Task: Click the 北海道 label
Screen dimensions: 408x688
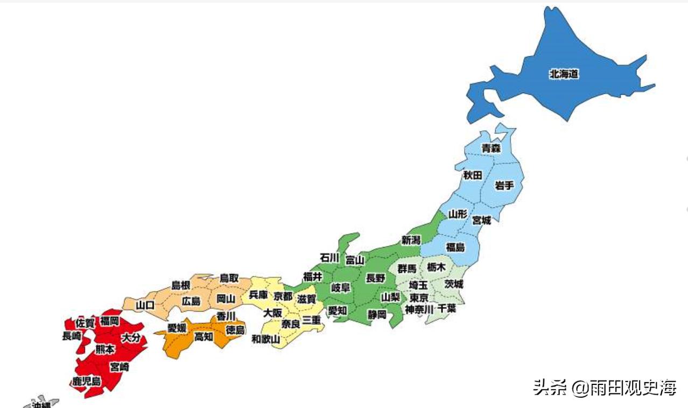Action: tap(564, 74)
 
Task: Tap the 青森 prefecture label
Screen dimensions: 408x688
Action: tap(491, 147)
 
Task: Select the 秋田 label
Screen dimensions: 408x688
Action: tap(472, 175)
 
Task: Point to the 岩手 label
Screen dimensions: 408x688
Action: tap(504, 186)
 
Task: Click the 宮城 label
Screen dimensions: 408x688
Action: tap(481, 220)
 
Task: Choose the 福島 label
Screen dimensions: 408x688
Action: tap(455, 247)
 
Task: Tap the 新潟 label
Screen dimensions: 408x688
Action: tap(411, 241)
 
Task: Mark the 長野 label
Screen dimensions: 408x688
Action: tap(375, 278)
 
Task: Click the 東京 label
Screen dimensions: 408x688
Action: tap(419, 298)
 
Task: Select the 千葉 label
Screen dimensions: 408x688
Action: tap(447, 308)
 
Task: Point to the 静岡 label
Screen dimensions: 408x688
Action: tap(377, 314)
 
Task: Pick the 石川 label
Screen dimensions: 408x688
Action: tap(329, 258)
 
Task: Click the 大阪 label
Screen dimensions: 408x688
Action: tap(272, 312)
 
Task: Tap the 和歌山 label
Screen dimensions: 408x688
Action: tap(266, 339)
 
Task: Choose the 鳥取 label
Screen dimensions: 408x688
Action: tap(229, 278)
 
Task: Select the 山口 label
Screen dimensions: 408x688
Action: tap(145, 305)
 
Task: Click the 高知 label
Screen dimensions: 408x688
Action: tap(203, 336)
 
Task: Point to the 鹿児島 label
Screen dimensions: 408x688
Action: tap(86, 382)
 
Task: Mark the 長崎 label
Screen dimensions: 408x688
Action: tap(72, 336)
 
